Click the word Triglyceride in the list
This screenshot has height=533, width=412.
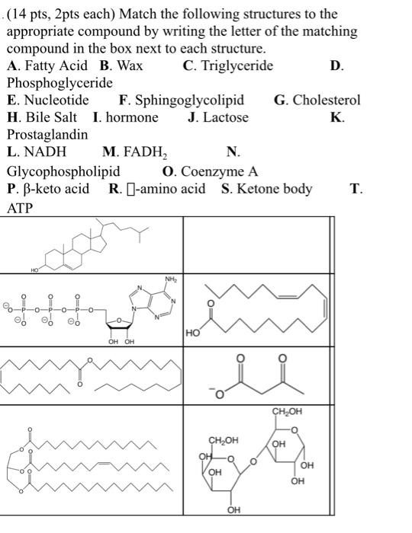[237, 65]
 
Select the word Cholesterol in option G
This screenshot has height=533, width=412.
[327, 100]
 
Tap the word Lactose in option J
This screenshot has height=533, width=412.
[225, 117]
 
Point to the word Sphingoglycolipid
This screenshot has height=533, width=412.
[190, 101]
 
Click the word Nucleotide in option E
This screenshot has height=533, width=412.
[56, 100]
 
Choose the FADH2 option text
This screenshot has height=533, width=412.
[145, 152]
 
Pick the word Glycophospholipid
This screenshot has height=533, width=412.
[63, 171]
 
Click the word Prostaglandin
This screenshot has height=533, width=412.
[47, 135]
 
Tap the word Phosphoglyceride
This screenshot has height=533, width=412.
[60, 83]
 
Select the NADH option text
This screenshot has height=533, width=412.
[46, 152]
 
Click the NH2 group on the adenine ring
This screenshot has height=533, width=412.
[171, 279]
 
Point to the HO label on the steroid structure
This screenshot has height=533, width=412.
[34, 270]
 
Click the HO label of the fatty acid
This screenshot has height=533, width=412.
[193, 333]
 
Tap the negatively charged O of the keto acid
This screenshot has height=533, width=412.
[219, 393]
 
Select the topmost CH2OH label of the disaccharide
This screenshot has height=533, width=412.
[287, 411]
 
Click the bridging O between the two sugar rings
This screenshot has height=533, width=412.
[253, 461]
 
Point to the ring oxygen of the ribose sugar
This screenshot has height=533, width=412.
[119, 320]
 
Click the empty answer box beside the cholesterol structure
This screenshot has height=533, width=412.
[256, 244]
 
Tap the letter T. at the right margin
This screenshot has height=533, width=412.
[356, 189]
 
